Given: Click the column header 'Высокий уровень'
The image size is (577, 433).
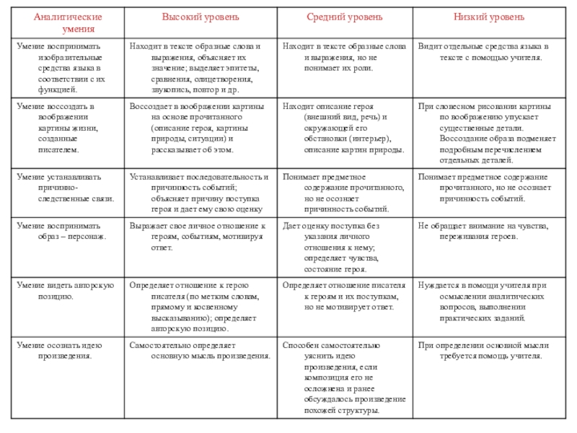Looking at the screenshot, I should click(201, 17).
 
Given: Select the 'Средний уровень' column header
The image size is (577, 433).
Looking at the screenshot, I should click(345, 17).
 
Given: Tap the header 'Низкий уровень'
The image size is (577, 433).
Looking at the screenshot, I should click(489, 17).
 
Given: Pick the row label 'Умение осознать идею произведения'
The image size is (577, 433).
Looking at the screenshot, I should click(65, 350).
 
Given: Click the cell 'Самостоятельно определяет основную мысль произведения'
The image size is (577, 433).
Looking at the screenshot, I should click(201, 350).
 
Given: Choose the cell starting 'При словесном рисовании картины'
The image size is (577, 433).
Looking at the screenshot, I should click(488, 134).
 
